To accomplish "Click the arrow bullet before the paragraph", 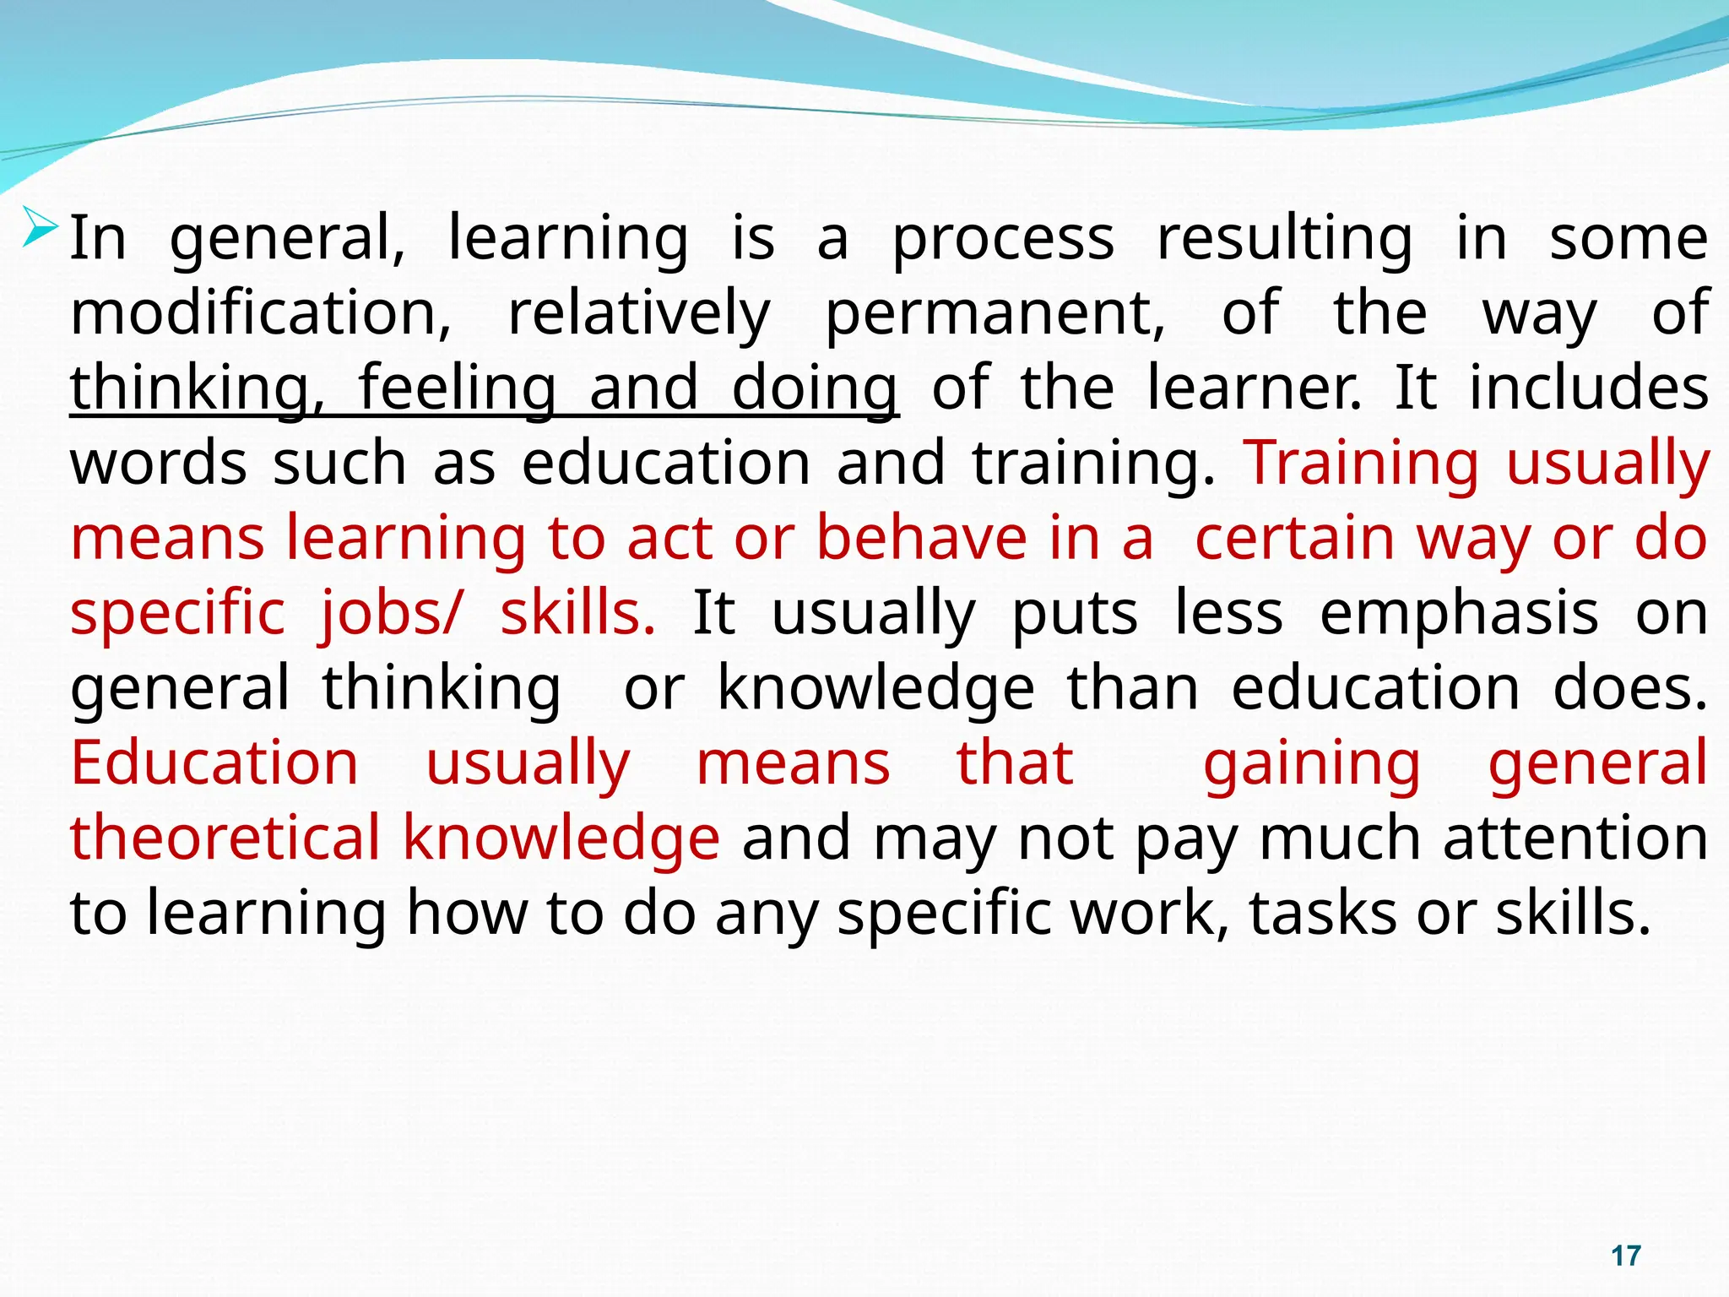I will click(41, 226).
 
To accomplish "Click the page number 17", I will click(1625, 1256).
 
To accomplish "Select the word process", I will click(1004, 239).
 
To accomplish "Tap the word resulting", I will click(1284, 239).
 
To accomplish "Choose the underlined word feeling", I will click(457, 388).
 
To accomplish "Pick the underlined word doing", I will click(814, 388).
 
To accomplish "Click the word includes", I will click(1589, 388).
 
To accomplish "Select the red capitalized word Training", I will click(1362, 463).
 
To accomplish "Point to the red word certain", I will click(1294, 538).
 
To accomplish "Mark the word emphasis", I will click(1459, 612).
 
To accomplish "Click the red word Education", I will click(214, 762).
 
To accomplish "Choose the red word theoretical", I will click(225, 838).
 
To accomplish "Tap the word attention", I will click(1575, 838).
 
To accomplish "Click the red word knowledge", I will click(561, 838).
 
